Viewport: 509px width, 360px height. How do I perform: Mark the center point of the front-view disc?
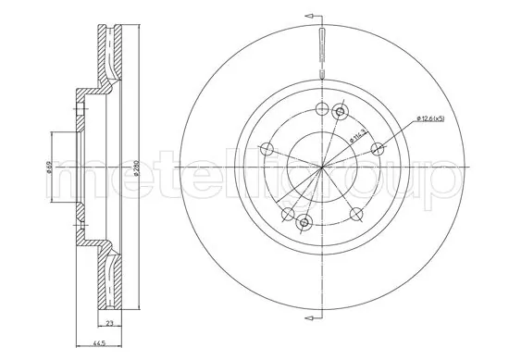tap(322, 167)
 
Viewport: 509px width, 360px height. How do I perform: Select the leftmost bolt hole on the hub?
tap(267, 149)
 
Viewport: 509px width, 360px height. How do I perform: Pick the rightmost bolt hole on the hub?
tap(377, 148)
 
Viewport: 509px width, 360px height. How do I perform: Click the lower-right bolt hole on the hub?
tap(356, 214)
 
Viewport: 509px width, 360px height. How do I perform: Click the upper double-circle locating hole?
tap(340, 113)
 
